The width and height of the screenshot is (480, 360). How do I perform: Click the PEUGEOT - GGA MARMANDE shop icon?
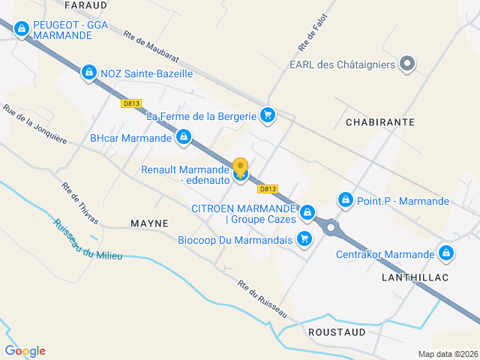point(22,29)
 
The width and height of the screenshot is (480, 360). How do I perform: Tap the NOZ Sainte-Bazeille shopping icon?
point(89,72)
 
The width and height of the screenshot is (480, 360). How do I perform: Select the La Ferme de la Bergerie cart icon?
point(267,115)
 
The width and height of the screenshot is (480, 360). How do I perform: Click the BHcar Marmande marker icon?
point(184,137)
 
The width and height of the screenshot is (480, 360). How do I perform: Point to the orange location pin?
point(240,167)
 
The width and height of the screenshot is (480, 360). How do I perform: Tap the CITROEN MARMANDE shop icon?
point(307,214)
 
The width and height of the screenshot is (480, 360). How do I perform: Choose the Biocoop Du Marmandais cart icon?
point(304,239)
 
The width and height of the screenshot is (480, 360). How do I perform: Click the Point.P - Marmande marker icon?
point(346,200)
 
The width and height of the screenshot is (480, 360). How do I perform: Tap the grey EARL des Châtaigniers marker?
point(407,64)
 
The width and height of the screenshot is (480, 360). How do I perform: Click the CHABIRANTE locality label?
point(370,121)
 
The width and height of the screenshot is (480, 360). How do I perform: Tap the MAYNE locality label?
point(149,223)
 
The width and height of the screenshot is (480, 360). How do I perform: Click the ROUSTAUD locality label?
point(337,331)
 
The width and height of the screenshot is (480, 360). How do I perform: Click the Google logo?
point(25,351)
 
